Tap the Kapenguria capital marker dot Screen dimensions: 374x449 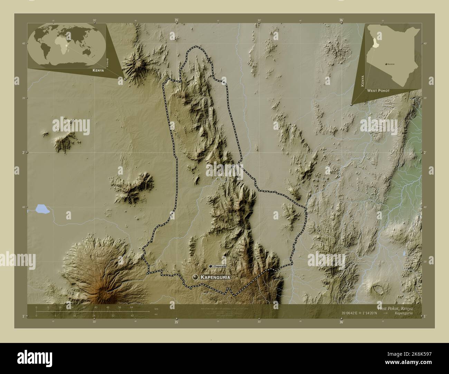pos(196,277)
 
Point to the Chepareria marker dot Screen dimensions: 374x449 pos(210,266)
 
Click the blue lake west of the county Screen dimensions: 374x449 pos(41,208)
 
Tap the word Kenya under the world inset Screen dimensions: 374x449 pos(98,70)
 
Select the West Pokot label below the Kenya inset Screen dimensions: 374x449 pos(378,90)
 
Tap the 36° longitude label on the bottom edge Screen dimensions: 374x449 pos(341,322)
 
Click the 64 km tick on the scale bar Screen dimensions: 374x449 pos(131,307)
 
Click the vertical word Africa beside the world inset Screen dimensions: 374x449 pos(108,62)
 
